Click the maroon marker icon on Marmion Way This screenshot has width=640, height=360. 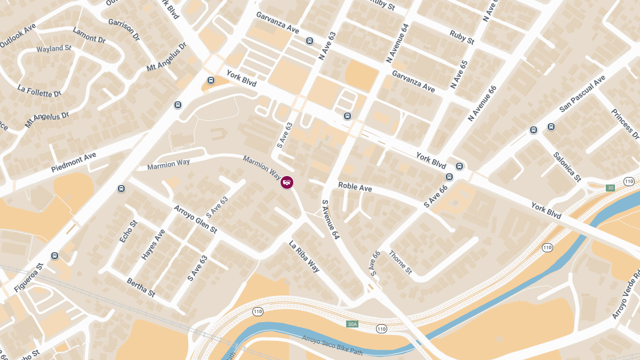tap(287, 182)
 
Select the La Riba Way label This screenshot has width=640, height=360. tap(304, 257)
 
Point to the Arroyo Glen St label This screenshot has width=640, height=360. tap(195, 219)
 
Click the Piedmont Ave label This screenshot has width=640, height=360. tap(74, 162)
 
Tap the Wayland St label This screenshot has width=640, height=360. tap(54, 49)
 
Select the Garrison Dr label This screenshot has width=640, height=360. tap(123, 30)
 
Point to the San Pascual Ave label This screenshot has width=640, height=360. tap(582, 93)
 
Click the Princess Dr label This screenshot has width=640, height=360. tap(625, 123)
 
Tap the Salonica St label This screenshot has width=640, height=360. tap(566, 166)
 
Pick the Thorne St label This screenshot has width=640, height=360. tap(400, 262)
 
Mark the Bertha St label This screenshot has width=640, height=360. tap(141, 287)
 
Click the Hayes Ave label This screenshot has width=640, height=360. tap(153, 245)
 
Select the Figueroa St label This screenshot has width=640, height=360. tap(28, 278)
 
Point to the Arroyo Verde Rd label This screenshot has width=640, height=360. tap(626, 295)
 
